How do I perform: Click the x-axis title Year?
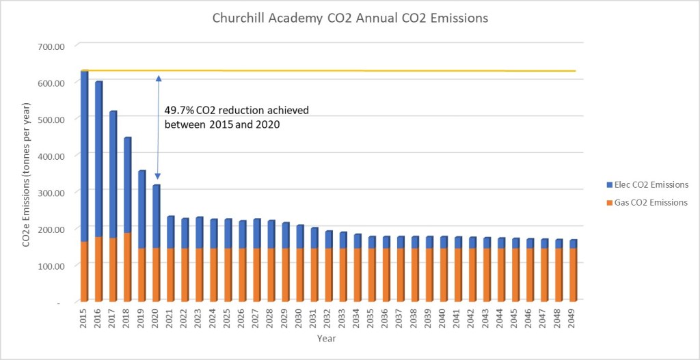tap(326, 338)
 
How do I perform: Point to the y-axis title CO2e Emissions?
tap(25, 174)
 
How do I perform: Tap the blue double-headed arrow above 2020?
tap(158, 127)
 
